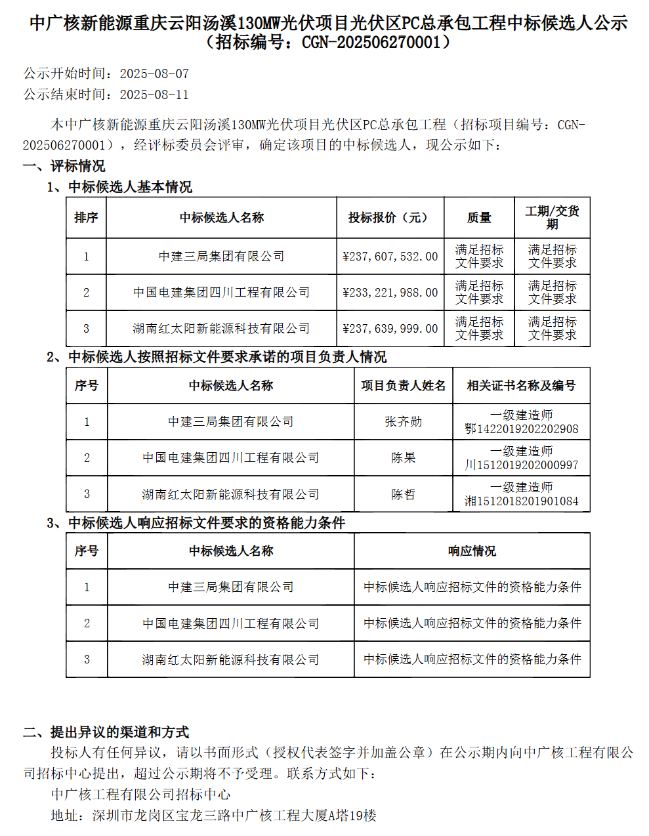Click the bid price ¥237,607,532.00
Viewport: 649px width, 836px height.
(390, 257)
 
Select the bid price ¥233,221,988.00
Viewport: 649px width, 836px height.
(390, 293)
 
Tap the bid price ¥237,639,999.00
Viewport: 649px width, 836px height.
(390, 329)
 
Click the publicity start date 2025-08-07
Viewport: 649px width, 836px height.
(154, 73)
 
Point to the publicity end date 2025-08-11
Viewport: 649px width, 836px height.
(154, 94)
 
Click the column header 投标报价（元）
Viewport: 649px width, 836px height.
(390, 218)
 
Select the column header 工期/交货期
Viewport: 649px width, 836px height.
(552, 218)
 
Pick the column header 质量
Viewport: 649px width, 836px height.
(479, 218)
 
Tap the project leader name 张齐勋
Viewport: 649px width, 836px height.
(403, 422)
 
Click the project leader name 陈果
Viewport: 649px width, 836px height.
(403, 458)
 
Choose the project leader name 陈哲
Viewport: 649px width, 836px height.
(403, 494)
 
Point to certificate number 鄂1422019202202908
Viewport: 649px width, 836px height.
(521, 429)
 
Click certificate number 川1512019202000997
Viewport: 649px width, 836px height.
(521, 465)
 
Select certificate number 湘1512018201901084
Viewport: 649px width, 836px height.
(521, 501)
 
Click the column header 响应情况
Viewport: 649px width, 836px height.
(472, 551)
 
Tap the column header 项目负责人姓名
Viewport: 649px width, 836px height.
(403, 386)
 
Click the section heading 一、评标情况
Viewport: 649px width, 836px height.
(64, 166)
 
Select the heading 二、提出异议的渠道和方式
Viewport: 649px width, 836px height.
(106, 732)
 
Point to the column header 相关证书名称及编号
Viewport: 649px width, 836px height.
(521, 386)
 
